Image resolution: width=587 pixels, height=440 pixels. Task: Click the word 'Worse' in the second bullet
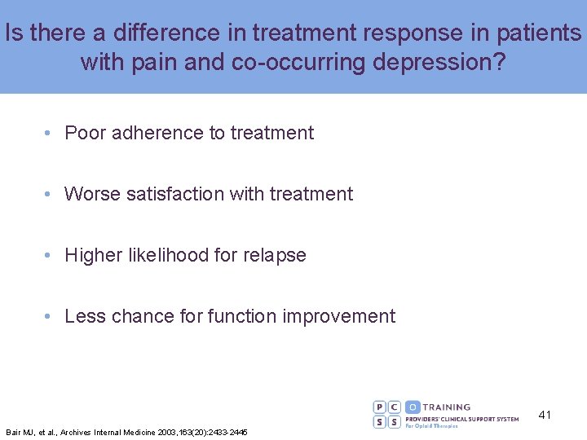coord(92,194)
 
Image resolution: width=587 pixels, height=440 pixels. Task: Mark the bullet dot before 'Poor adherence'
coord(50,133)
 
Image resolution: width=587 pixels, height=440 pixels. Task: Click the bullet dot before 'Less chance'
coord(50,316)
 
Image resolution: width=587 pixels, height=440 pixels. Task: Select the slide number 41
coord(545,415)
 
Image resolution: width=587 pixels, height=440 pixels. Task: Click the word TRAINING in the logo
coord(448,407)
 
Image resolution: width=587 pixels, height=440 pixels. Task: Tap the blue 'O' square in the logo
coord(413,407)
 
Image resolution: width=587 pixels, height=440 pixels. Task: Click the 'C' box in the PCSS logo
coord(395,407)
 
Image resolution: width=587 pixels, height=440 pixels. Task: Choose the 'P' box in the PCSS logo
coord(381,407)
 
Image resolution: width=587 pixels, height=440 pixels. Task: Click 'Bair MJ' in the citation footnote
coord(17,432)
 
